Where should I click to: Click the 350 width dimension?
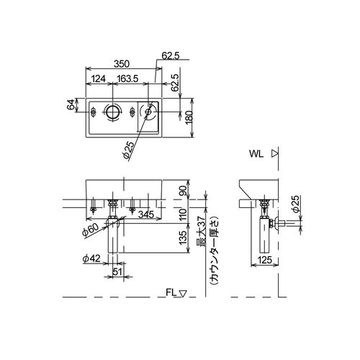122,64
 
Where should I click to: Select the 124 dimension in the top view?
99,78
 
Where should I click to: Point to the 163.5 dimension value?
127,78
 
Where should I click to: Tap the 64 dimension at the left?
71,105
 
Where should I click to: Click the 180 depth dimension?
189,117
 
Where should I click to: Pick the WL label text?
256,154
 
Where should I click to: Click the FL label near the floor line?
171,292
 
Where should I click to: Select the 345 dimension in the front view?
146,215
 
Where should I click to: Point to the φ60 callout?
90,230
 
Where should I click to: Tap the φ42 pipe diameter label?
91,258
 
